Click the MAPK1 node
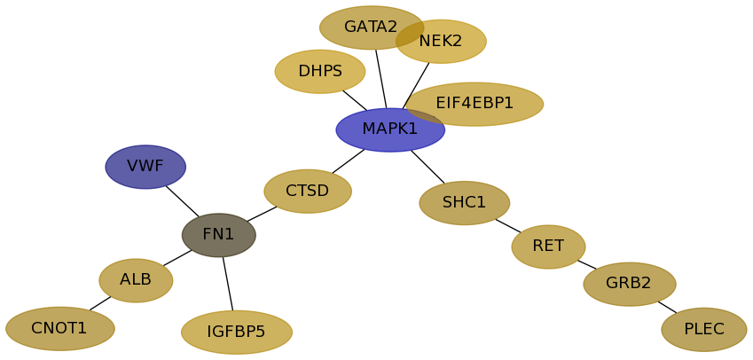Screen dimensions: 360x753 click(390, 130)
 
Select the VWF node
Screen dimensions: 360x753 click(145, 167)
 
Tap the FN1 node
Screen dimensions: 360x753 click(219, 235)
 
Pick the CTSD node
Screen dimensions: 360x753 click(308, 192)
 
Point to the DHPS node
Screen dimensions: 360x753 click(320, 72)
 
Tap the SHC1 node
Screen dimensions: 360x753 click(465, 203)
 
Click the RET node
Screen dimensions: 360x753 click(548, 247)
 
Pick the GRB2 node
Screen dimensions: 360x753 click(630, 284)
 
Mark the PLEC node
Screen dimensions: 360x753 click(704, 330)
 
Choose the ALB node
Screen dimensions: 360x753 click(136, 280)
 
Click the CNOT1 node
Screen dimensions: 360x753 click(60, 329)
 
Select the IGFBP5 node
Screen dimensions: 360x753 click(237, 333)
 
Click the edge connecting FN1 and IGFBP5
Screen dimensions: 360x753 click(228, 284)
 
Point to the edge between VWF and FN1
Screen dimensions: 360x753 click(182, 200)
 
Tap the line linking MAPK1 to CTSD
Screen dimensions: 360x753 click(348, 161)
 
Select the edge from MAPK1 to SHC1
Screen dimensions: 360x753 click(427, 167)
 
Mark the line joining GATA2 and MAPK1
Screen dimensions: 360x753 click(380, 79)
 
